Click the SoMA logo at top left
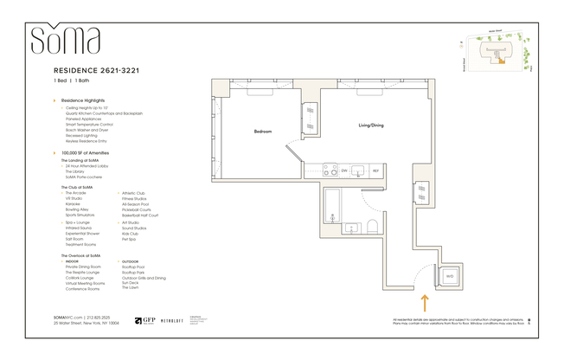tap(66, 40)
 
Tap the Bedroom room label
tap(263, 132)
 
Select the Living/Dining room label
tap(371, 125)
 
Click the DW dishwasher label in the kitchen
tap(343, 171)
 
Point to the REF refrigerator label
tap(375, 171)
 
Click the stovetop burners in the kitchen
tap(328, 170)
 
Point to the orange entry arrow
tap(424, 303)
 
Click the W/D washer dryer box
tap(448, 275)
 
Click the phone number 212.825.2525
tap(103, 318)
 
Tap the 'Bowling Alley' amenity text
tap(78, 209)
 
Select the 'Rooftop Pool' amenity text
tap(133, 267)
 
